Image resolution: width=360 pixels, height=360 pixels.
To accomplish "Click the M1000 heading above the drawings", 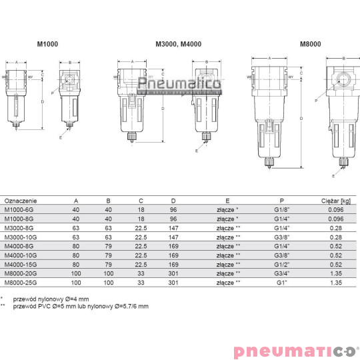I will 45,45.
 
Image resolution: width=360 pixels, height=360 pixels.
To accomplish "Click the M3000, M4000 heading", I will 178,45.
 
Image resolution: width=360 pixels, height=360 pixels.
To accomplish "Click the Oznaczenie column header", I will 21,200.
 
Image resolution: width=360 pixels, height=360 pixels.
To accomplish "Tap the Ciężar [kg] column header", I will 336,200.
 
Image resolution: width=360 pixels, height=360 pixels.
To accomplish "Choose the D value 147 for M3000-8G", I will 173,227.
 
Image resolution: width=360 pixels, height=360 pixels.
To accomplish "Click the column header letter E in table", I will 228,200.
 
